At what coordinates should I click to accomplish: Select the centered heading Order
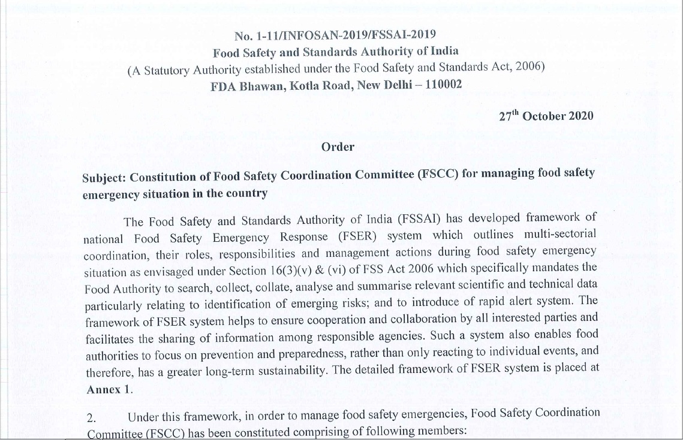(338, 147)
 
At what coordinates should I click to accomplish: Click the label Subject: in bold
(104, 178)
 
